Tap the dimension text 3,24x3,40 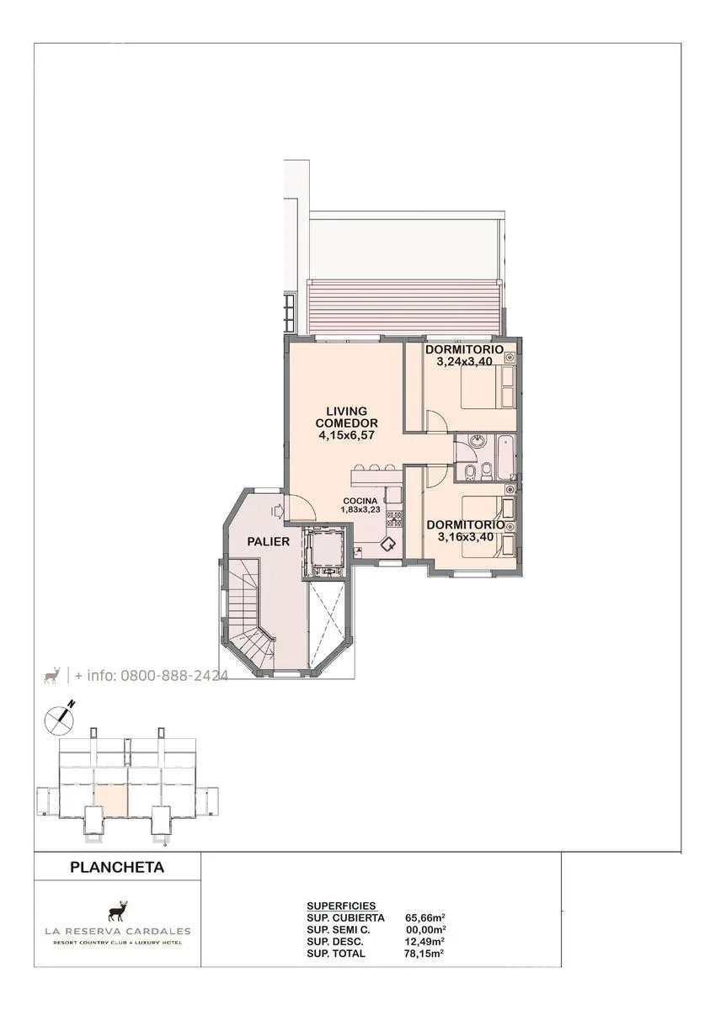click(464, 361)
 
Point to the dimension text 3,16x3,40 click(465, 537)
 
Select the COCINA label click(360, 501)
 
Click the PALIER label click(268, 541)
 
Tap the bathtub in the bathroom click(505, 457)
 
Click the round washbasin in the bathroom click(476, 440)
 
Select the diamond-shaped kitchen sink click(388, 545)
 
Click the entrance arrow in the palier click(276, 512)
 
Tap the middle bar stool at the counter click(374, 468)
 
